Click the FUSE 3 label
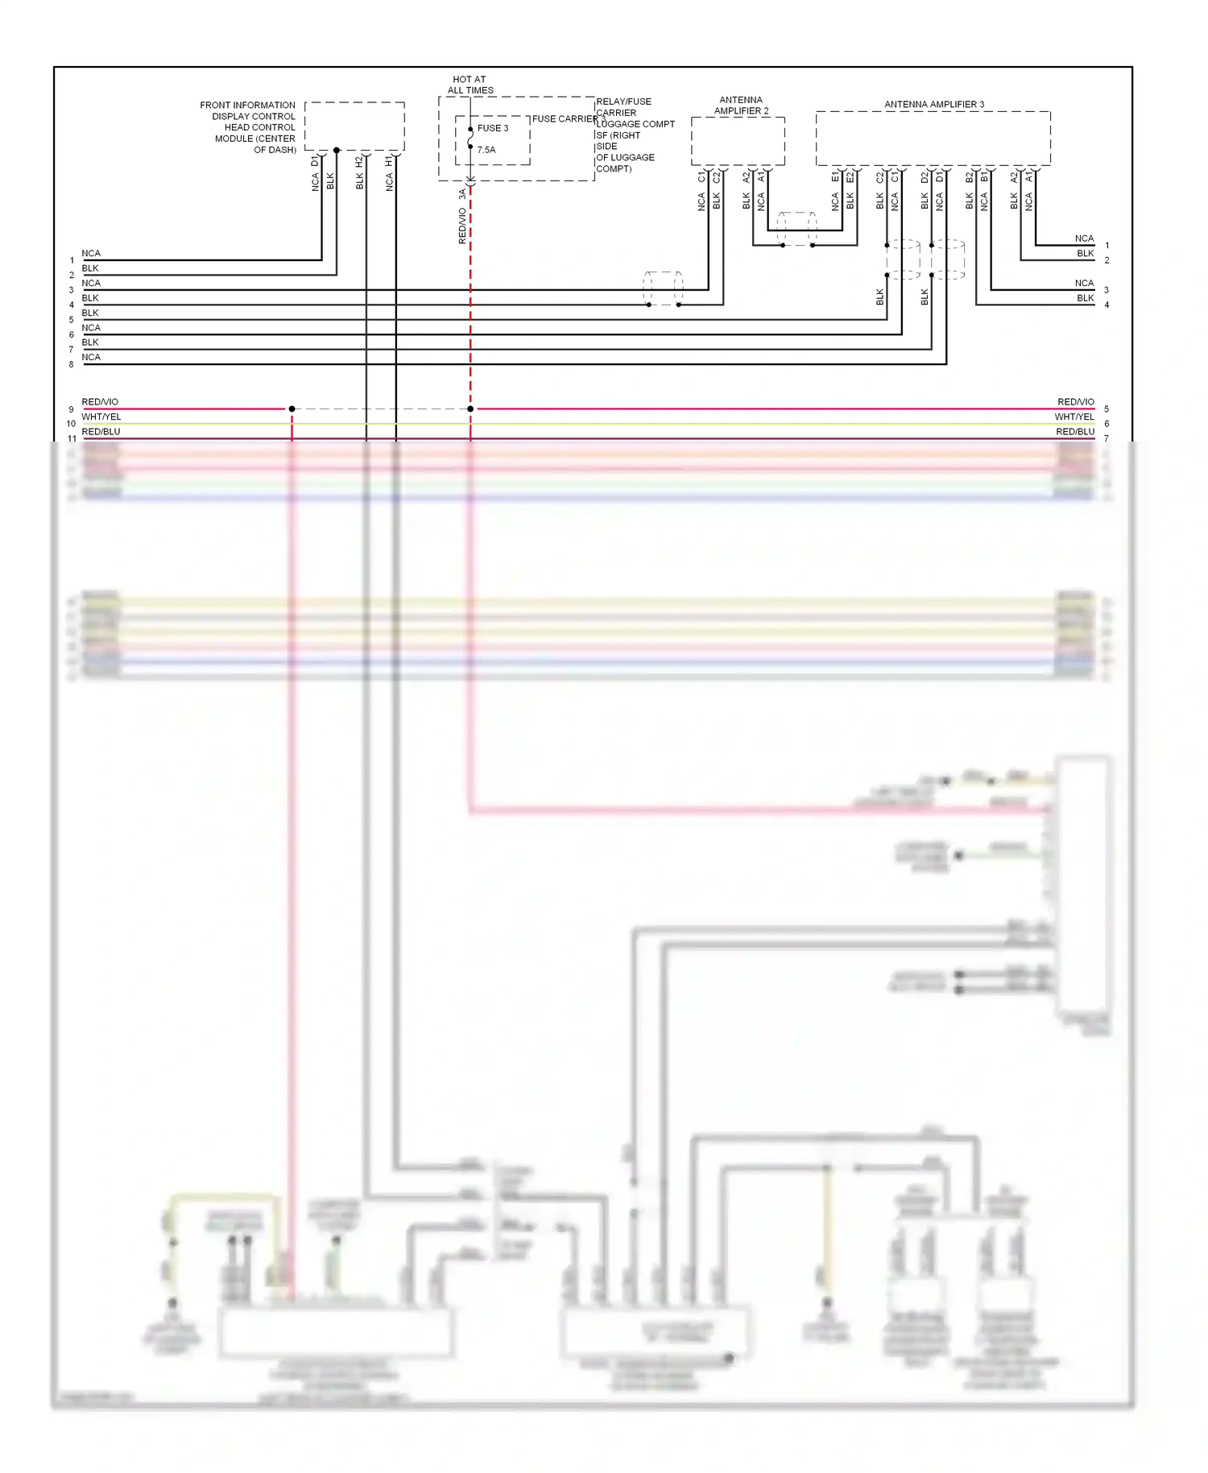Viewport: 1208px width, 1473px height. tap(492, 128)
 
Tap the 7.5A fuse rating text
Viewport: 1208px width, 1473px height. tap(486, 150)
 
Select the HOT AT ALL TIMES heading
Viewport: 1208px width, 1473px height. tap(470, 85)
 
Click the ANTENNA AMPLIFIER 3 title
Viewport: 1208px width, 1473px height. tap(933, 104)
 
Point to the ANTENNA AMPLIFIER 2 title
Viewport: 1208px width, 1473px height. tap(741, 106)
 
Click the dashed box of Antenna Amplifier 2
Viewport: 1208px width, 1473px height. tap(738, 141)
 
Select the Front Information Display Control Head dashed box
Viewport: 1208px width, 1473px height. tap(354, 126)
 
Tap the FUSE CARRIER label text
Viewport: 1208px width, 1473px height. tap(565, 118)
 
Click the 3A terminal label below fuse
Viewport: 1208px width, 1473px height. tap(462, 194)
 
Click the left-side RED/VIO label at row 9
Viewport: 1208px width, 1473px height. tap(100, 401)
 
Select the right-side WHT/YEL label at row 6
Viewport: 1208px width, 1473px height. tap(1074, 417)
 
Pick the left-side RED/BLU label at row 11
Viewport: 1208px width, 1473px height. tap(101, 431)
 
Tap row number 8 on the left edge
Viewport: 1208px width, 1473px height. tap(71, 364)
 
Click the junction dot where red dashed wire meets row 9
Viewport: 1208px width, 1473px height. tap(470, 409)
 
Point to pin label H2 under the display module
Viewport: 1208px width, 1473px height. tap(359, 161)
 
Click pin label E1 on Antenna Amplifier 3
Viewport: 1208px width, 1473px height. tap(835, 176)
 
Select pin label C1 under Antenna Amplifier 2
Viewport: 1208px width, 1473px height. tap(701, 176)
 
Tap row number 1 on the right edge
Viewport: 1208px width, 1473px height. tap(1107, 245)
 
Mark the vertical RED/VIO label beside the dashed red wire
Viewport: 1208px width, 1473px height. tap(461, 226)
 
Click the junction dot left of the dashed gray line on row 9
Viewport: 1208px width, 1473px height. tap(292, 409)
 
